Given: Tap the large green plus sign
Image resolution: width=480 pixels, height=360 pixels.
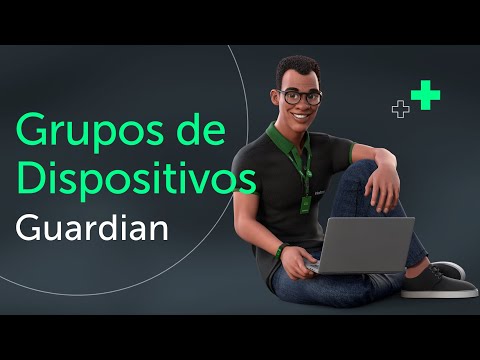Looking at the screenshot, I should point(426,96).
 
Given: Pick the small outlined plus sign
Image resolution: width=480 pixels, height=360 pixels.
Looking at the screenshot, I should point(400,110).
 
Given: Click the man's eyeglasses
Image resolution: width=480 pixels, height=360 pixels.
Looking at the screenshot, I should point(300,97).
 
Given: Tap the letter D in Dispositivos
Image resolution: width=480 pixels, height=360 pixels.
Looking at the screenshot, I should point(30,180).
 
